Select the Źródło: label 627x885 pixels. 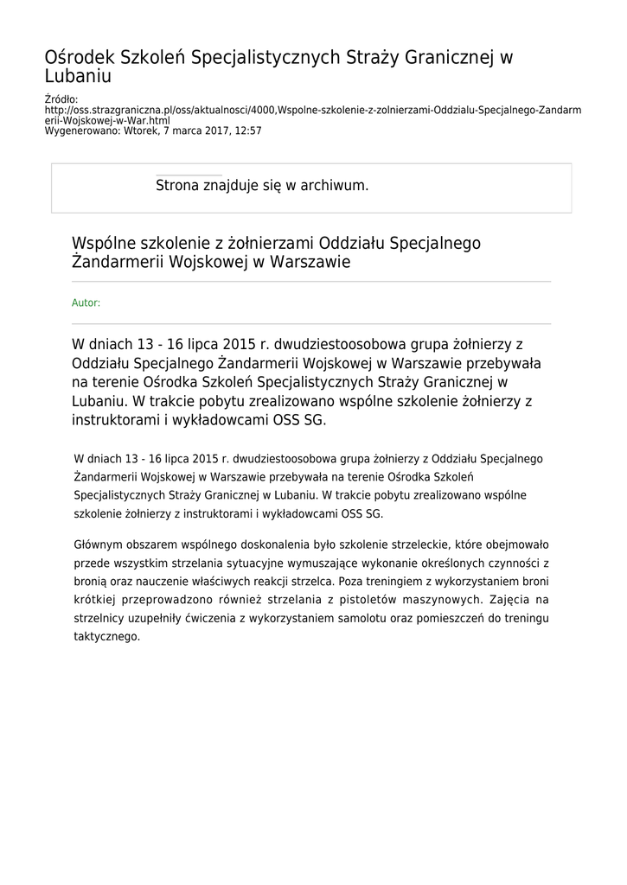(x=61, y=100)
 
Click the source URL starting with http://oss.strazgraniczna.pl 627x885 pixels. (x=312, y=111)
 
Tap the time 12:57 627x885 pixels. (x=246, y=131)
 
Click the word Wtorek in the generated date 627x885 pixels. (x=142, y=131)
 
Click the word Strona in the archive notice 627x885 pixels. (x=179, y=186)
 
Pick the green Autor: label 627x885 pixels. (x=86, y=302)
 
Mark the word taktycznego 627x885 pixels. (x=106, y=636)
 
